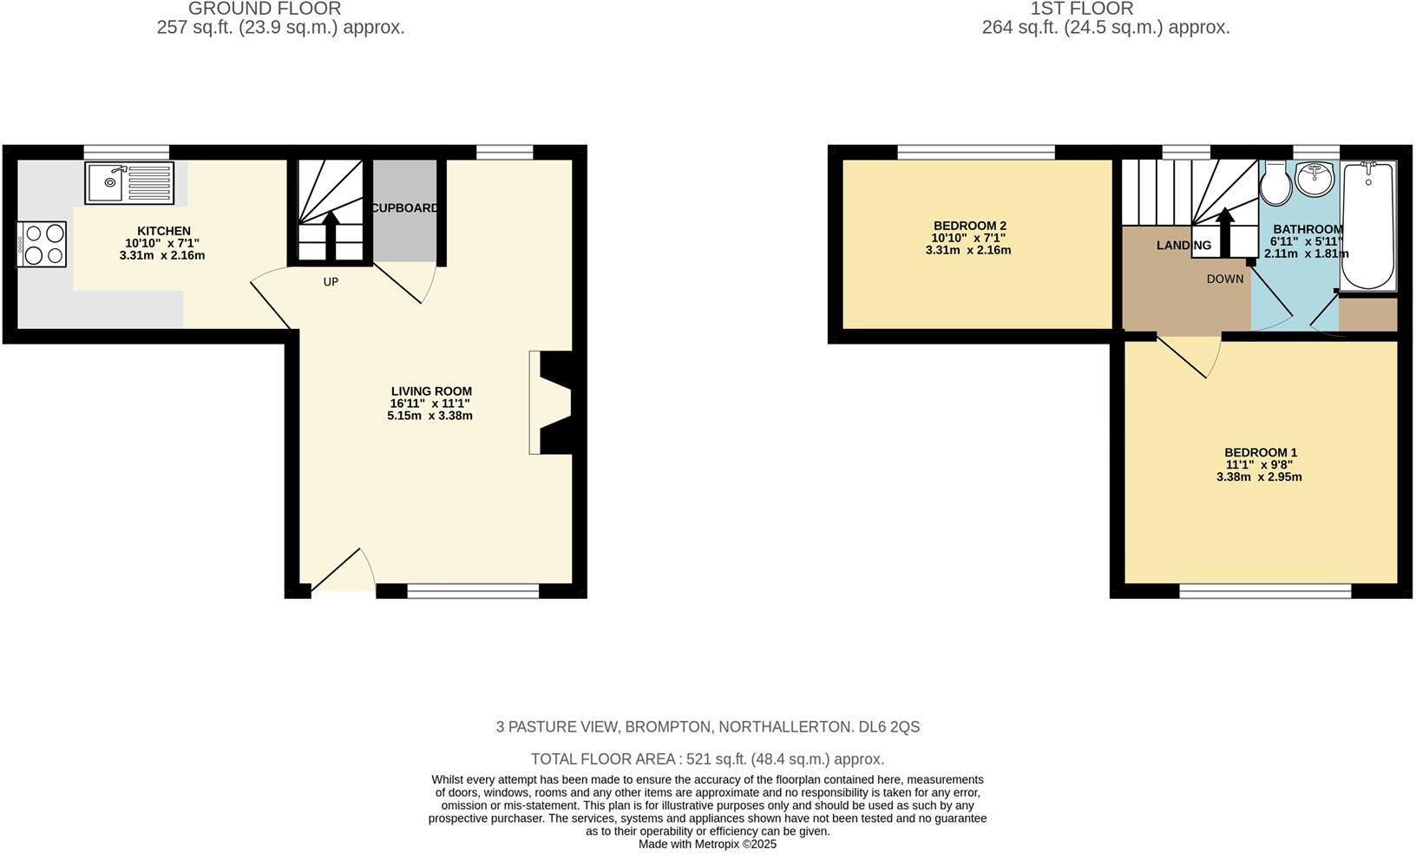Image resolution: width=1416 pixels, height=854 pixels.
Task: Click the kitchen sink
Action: point(129,182)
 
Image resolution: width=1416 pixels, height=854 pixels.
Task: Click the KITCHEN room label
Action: point(164,231)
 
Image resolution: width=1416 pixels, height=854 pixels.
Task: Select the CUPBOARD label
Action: point(405,208)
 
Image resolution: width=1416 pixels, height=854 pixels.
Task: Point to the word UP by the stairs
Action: point(331,282)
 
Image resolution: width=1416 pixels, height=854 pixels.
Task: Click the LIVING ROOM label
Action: point(431,391)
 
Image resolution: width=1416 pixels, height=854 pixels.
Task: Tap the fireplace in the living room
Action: point(554,402)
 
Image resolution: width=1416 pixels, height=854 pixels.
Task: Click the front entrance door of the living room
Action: point(343,573)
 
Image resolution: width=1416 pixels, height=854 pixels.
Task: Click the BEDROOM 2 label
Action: point(969,226)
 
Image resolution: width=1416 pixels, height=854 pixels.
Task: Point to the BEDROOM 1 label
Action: point(1260,452)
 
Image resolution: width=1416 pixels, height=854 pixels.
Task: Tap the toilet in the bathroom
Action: point(1276,181)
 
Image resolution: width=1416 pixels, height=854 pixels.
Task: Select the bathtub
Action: point(1368,225)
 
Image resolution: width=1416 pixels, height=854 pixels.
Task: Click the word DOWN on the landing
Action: point(1225,279)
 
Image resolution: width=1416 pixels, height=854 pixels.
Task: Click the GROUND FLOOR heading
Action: point(265,9)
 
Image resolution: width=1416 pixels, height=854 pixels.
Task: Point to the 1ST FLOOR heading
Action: point(1081,9)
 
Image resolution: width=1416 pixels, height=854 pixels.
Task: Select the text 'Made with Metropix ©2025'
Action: point(707,844)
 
